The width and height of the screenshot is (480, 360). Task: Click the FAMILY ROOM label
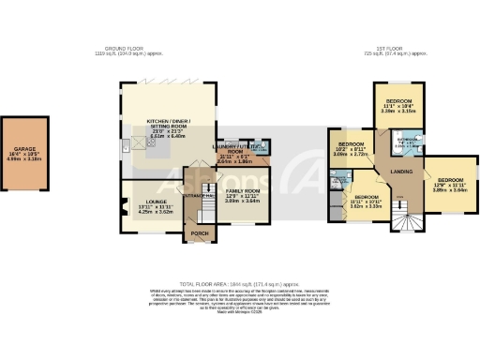[x=243, y=190]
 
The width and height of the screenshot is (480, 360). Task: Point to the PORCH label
[x=199, y=232]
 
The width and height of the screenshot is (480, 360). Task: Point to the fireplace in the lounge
[x=124, y=200]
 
